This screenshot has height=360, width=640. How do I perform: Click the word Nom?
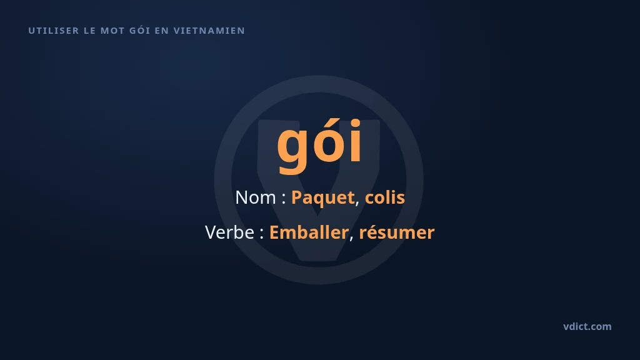point(256,197)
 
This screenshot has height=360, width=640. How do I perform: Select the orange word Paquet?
point(322,198)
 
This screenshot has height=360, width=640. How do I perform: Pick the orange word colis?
point(384,197)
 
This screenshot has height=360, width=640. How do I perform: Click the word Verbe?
point(229,232)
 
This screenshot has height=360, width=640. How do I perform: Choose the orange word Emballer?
point(309,232)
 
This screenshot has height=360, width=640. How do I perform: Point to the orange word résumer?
point(397,232)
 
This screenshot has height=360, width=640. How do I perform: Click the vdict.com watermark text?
point(587,326)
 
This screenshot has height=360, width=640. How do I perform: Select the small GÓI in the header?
point(139,30)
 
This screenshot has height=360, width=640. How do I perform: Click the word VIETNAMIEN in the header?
point(209,31)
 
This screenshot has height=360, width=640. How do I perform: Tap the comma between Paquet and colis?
point(357,204)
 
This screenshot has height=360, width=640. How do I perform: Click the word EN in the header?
point(162,31)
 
